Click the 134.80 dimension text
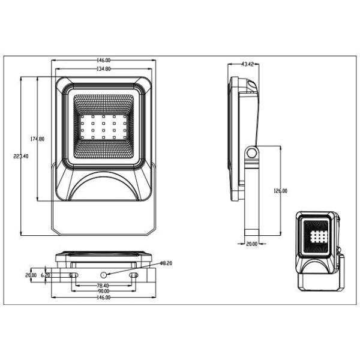tap(103, 69)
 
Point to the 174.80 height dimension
tap(37, 139)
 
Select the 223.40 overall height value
tap(21, 156)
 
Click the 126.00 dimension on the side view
tap(280, 191)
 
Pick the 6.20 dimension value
tap(46, 275)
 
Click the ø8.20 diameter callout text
tap(166, 263)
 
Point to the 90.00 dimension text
tap(103, 292)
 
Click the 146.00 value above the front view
tap(103, 61)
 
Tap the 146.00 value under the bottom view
tap(103, 298)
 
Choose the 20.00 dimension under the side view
tap(252, 244)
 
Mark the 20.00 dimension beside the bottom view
tap(31, 275)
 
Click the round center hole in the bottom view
tap(103, 274)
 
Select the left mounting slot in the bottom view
tap(73, 275)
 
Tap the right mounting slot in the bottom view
tap(134, 275)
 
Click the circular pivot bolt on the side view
tap(252, 153)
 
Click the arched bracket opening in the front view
tap(103, 187)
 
